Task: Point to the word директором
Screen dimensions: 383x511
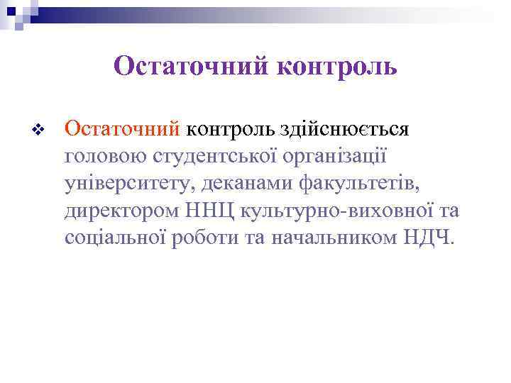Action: [120, 211]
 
